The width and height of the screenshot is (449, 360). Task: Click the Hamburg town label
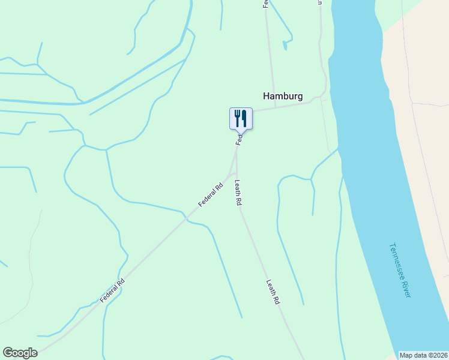pos(282,96)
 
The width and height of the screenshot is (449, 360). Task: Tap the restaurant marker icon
pos(241,118)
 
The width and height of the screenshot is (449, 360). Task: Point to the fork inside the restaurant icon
pos(238,118)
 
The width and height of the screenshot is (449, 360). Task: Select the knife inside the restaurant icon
pos(244,118)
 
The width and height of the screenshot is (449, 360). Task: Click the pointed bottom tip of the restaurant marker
pos(241,133)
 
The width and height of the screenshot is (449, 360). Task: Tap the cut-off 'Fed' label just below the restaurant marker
pos(240,140)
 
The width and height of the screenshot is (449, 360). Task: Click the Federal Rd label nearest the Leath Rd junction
pos(211,195)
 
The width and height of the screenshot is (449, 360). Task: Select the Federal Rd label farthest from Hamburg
pos(112,290)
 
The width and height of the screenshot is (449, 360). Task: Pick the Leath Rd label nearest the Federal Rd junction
pos(238,193)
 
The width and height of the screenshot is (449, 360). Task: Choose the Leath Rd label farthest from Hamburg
pos(273,292)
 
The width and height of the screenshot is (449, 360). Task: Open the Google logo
pos(20,353)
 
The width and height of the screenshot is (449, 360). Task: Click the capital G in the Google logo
pos(8,353)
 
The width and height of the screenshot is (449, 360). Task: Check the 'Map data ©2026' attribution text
pos(423,355)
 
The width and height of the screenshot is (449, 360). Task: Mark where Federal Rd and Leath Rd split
pos(235,170)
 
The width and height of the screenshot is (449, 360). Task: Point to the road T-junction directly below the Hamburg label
pos(275,107)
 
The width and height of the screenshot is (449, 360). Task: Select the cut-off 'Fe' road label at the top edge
pos(265,4)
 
